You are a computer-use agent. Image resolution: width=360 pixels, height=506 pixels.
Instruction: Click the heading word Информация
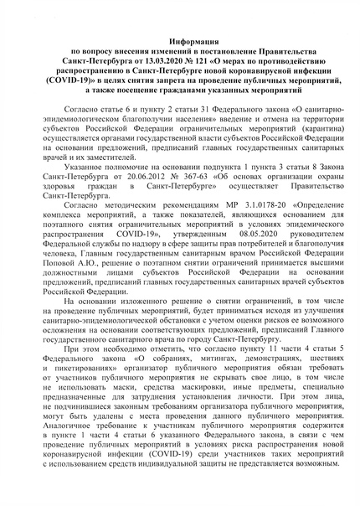click(x=179, y=40)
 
